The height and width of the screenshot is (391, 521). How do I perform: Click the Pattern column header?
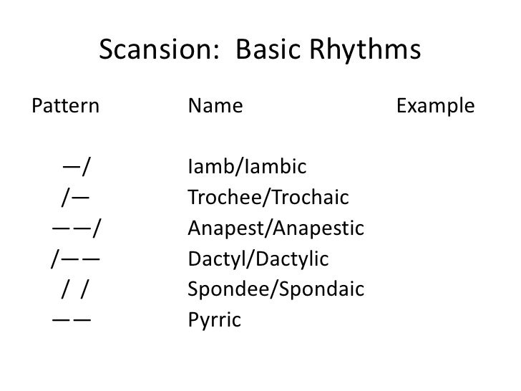click(x=65, y=107)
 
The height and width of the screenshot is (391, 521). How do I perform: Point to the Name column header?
click(x=215, y=107)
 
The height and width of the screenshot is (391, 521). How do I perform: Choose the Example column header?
click(x=435, y=107)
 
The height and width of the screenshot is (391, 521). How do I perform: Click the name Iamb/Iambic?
click(x=246, y=168)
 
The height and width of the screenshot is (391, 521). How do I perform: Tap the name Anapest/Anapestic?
click(x=276, y=228)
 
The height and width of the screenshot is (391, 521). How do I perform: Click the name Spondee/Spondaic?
click(x=276, y=289)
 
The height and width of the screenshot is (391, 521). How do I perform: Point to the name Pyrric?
click(x=214, y=320)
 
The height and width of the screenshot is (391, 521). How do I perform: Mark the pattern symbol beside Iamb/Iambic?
click(x=76, y=168)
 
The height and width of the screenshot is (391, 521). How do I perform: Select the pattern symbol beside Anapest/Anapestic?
click(x=75, y=228)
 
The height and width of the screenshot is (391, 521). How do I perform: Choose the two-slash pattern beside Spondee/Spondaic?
click(x=75, y=289)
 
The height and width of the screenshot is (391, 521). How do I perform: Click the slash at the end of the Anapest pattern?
click(x=96, y=228)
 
